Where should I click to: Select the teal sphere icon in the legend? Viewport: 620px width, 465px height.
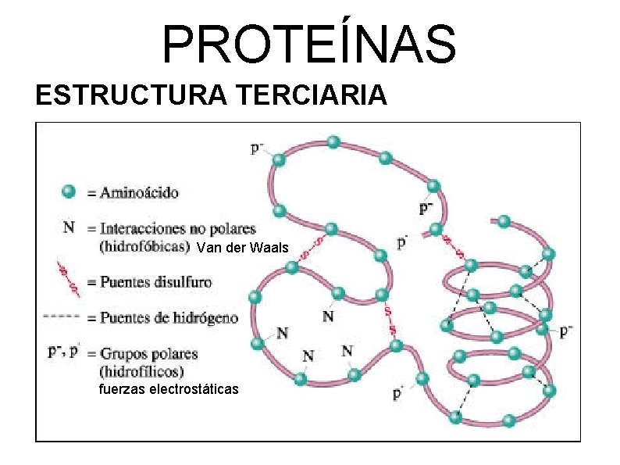click(x=69, y=191)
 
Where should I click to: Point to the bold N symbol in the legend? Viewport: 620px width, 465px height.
click(x=69, y=228)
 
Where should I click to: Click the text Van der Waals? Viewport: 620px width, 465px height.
click(x=243, y=249)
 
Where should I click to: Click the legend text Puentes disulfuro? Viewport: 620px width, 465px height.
click(x=155, y=281)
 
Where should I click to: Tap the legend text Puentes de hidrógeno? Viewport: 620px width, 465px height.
click(x=169, y=318)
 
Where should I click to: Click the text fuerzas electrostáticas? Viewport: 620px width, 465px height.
click(x=169, y=388)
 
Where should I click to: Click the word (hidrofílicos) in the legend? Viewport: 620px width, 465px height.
click(x=141, y=370)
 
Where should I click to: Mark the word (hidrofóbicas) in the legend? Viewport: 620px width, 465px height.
click(x=145, y=246)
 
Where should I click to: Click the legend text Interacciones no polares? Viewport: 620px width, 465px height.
click(x=177, y=229)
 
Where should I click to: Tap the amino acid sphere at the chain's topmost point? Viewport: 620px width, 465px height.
click(x=333, y=141)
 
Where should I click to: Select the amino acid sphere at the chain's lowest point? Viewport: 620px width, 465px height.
click(x=508, y=421)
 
